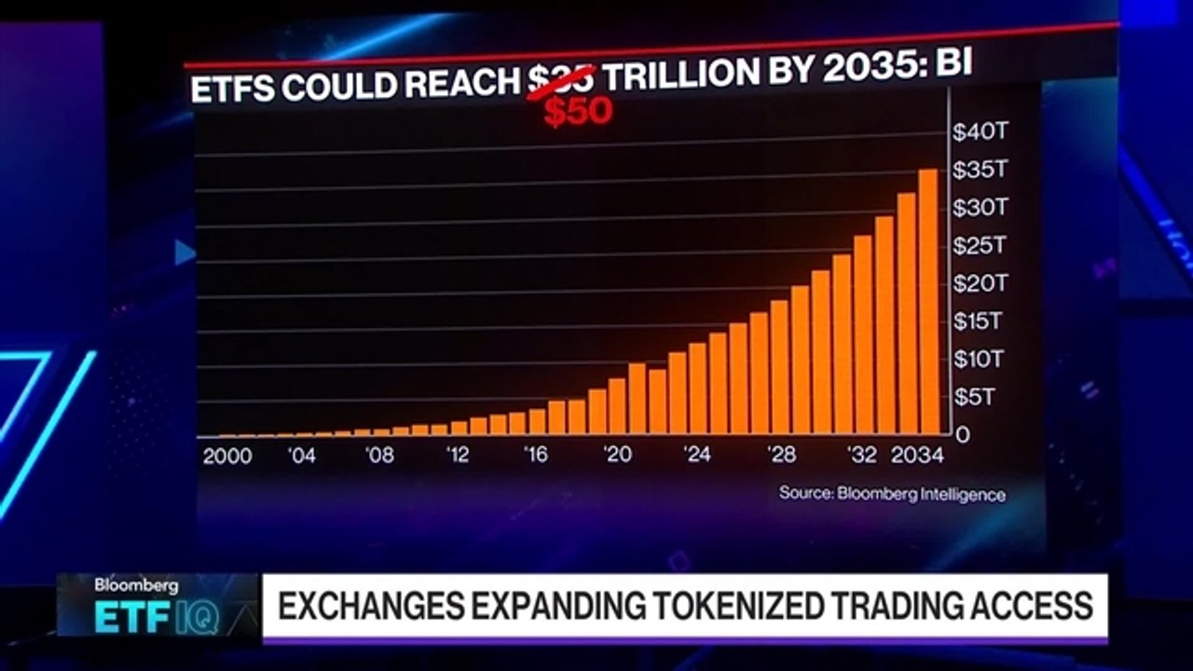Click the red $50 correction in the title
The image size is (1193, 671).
point(579,111)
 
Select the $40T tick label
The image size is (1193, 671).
point(980,131)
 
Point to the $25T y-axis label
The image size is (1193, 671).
point(980,245)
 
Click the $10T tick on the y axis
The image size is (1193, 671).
point(979,360)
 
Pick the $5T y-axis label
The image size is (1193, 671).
point(974,397)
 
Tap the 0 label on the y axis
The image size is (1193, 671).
point(963,435)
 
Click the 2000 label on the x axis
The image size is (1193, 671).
point(227,456)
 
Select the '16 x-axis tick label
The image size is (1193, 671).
point(535,454)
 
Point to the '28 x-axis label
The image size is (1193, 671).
point(781,454)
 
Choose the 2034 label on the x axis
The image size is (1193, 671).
point(917,455)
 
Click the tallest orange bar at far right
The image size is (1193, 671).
point(928,301)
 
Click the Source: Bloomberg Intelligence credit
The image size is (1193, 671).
point(893,494)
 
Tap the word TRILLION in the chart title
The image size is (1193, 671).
point(681,75)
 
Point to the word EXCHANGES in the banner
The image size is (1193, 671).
point(371,606)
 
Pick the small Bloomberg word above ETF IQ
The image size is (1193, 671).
point(136,586)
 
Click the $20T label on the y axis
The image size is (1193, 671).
point(980,283)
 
